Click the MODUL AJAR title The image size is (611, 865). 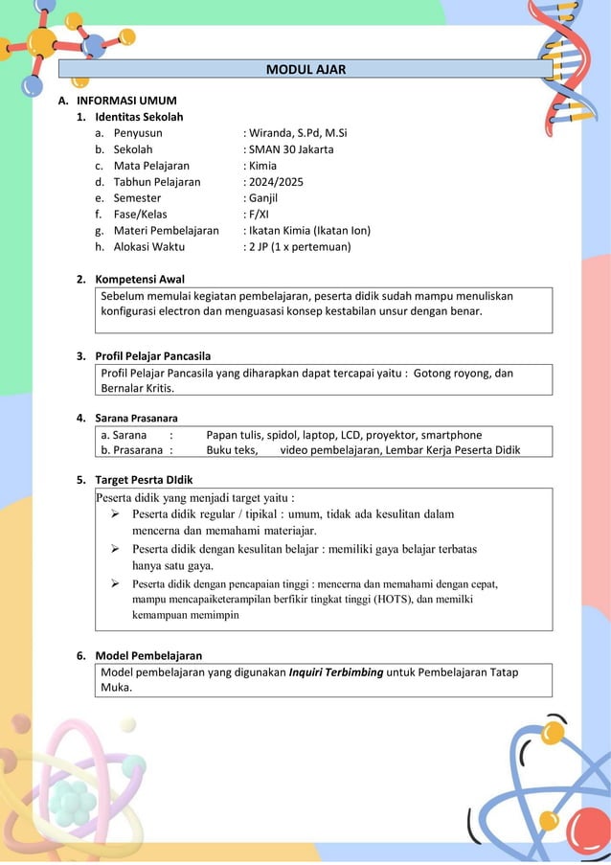[305, 69]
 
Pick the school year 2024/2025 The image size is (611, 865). [275, 181]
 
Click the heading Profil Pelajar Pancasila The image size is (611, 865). [152, 356]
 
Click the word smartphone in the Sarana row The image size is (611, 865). [449, 435]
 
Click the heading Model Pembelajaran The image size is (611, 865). [148, 655]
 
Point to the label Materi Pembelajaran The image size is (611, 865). [166, 230]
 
